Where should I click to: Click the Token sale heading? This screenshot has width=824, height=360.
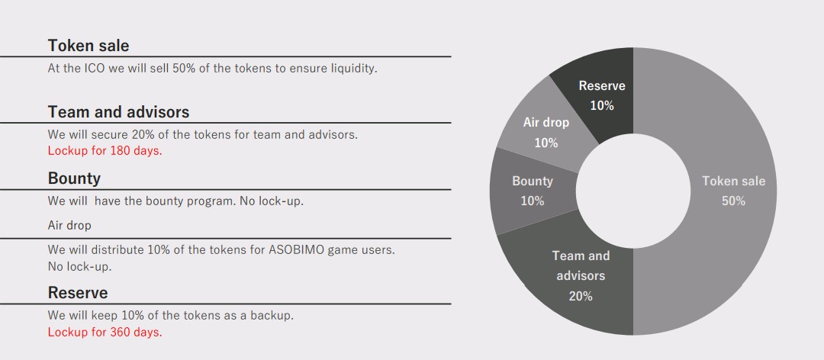[89, 46]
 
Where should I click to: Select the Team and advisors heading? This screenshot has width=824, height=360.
[118, 112]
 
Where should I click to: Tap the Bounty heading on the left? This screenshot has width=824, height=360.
[74, 178]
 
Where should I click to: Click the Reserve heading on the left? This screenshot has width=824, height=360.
[78, 293]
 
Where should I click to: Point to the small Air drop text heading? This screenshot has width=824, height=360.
[69, 226]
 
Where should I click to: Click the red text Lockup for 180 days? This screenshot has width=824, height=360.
[105, 151]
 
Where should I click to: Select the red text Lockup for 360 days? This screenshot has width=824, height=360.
[105, 332]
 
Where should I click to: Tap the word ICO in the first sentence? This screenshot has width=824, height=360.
[95, 69]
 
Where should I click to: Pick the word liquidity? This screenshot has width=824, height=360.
[354, 69]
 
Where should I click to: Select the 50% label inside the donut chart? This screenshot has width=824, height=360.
[734, 201]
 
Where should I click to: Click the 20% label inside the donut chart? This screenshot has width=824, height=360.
[581, 296]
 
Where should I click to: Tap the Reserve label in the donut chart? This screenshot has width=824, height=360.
[602, 85]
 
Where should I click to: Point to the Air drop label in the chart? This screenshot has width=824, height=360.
[546, 123]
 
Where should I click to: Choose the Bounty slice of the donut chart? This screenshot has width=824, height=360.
[531, 191]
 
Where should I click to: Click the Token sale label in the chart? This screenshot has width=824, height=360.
[734, 182]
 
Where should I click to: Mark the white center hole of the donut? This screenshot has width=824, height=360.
[633, 191]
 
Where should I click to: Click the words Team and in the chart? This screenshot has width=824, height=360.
[581, 256]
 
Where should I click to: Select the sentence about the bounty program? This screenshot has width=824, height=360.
[175, 201]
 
